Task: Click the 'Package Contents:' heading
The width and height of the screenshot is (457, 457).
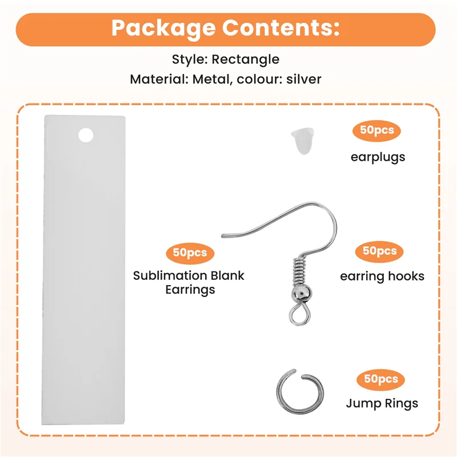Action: [226, 28]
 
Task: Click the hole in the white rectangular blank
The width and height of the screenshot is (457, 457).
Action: [85, 135]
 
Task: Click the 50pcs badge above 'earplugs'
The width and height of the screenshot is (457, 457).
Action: [376, 131]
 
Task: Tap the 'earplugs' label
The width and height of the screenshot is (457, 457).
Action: [378, 157]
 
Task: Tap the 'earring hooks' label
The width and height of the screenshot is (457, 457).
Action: [382, 276]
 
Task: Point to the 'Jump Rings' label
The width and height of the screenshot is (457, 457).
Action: [382, 403]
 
